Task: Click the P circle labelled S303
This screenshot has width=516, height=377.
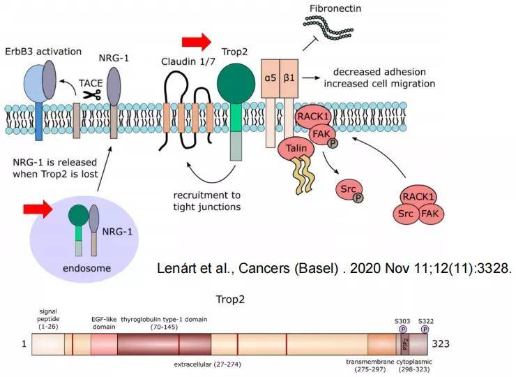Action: click(x=403, y=328)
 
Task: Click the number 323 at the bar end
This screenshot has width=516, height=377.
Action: click(x=442, y=344)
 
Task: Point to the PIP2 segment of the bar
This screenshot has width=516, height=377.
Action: click(x=404, y=344)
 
